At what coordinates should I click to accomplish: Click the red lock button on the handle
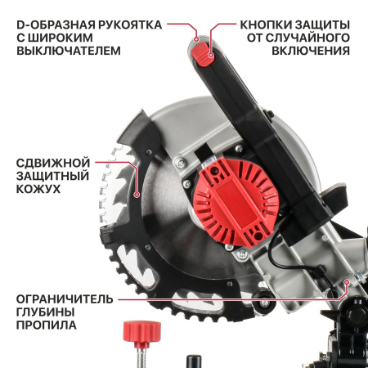[202, 54]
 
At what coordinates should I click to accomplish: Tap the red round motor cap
[236, 202]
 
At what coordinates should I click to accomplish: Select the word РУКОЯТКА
[130, 25]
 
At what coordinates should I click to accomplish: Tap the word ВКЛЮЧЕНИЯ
[311, 51]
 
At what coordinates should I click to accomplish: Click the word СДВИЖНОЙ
[53, 163]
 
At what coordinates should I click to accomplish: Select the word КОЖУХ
[38, 189]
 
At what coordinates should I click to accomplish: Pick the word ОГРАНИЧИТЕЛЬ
[65, 299]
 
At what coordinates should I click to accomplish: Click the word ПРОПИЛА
[46, 325]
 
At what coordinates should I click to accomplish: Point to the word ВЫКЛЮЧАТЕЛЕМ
[69, 51]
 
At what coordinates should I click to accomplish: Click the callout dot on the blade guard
[137, 195]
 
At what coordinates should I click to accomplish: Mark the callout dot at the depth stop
[347, 282]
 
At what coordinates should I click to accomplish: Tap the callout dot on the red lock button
[210, 55]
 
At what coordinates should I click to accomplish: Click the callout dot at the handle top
[196, 39]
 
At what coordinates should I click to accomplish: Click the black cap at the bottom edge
[194, 361]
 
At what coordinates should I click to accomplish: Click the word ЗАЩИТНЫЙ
[52, 176]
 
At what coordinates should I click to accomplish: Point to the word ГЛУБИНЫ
[46, 312]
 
